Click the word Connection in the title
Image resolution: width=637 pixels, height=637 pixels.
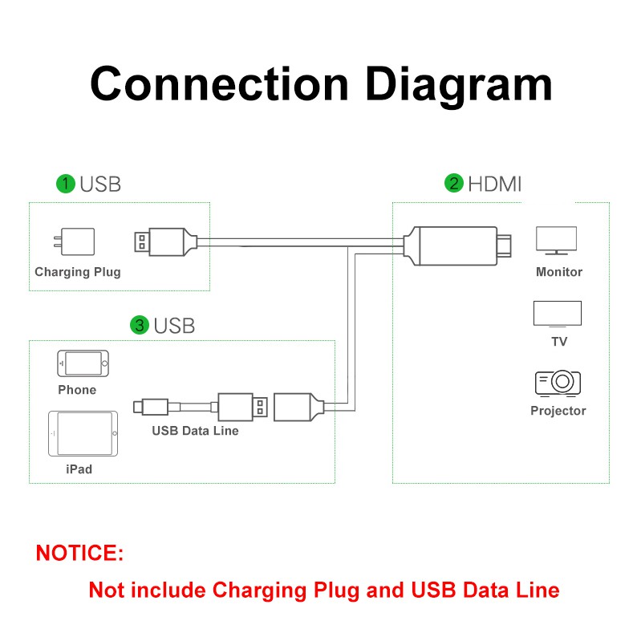219,84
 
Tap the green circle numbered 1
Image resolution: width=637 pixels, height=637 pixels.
66,184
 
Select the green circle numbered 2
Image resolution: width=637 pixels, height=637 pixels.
454,184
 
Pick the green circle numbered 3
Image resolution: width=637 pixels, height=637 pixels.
140,325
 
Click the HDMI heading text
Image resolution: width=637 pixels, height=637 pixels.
495,184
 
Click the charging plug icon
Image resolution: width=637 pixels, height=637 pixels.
78,241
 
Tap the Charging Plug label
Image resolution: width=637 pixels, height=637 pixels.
78,272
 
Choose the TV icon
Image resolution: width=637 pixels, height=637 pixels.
558,314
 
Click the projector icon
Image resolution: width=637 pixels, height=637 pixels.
558,383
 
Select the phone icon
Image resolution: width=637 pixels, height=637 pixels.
82,363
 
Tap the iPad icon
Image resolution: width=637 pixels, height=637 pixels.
83,434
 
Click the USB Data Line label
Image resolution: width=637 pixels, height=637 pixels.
195,431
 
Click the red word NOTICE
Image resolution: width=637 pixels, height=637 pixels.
79,553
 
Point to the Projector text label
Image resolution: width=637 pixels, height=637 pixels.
558,411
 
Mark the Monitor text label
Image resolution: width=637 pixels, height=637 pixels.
559,272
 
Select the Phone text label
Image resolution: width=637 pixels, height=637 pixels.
77,390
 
